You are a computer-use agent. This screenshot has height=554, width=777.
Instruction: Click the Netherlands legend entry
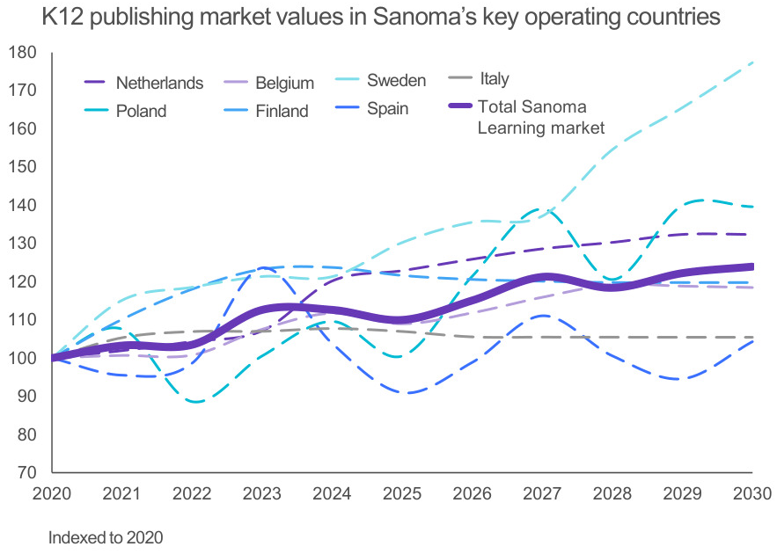[x=159, y=84]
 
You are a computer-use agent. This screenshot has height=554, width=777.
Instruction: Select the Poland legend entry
[x=141, y=112]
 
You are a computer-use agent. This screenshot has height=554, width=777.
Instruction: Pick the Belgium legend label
[x=284, y=84]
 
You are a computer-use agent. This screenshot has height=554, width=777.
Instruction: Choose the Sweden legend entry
[x=396, y=81]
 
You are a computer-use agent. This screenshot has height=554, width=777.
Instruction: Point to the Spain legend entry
[x=387, y=109]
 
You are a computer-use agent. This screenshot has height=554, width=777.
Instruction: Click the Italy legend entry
[x=495, y=79]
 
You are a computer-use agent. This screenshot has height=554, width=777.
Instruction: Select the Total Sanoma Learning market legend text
[x=540, y=118]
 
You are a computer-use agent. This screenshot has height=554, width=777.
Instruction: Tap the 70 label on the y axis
[x=26, y=473]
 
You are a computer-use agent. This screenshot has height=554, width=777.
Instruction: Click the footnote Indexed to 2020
[x=106, y=536]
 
